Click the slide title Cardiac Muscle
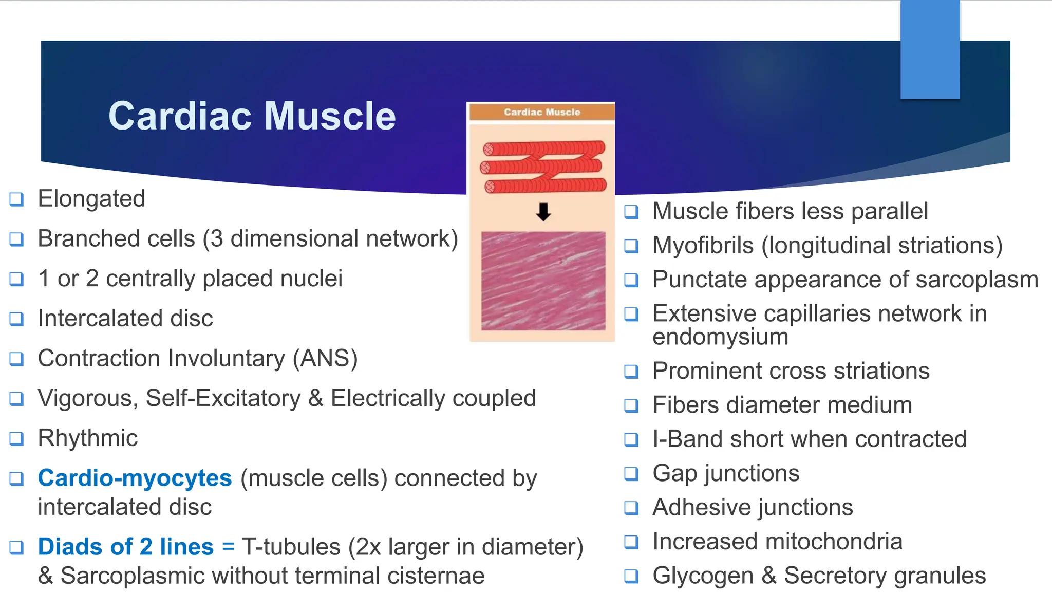252,116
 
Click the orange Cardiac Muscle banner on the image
542,112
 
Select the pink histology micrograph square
543,281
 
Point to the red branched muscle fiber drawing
543,166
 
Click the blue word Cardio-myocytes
135,478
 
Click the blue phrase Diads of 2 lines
125,547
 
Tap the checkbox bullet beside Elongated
16,199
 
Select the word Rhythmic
88,438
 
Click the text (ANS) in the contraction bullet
325,358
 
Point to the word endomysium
720,337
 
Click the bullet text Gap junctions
725,473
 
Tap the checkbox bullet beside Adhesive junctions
631,508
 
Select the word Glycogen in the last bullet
703,576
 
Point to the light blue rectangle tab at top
930,49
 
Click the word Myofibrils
703,246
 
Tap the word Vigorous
88,399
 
